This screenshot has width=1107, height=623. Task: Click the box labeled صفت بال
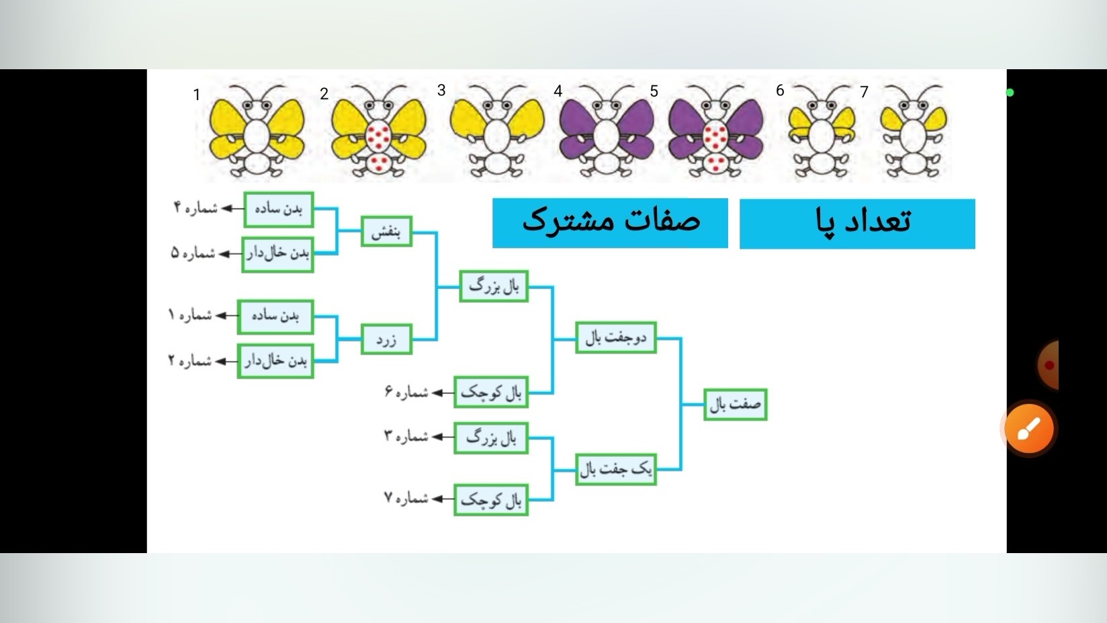(x=736, y=405)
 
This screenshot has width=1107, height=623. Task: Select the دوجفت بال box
(x=616, y=337)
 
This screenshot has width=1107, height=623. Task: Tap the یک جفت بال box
(x=616, y=469)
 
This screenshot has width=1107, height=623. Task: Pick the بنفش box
(x=386, y=231)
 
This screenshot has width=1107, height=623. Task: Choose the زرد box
(x=386, y=339)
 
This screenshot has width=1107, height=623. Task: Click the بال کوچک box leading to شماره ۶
(x=491, y=392)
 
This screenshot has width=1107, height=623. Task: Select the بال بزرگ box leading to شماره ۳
(x=491, y=438)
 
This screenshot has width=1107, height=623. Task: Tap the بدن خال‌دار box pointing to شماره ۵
(x=277, y=254)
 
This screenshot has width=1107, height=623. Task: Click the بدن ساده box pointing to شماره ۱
(x=275, y=317)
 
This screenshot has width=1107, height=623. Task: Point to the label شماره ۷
(x=406, y=499)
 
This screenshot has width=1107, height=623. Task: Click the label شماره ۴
(x=195, y=208)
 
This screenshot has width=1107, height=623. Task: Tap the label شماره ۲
(x=190, y=361)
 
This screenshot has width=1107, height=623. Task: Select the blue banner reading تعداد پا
(x=857, y=224)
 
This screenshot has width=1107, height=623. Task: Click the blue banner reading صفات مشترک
(x=610, y=222)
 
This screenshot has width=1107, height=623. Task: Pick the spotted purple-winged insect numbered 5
(x=715, y=130)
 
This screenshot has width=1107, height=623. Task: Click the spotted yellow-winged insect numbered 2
(x=379, y=130)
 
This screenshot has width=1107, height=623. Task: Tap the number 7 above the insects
(x=864, y=92)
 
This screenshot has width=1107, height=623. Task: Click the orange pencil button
(x=1029, y=428)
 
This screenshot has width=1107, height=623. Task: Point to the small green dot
(x=1010, y=93)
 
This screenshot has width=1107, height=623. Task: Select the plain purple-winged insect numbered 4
(x=607, y=130)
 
